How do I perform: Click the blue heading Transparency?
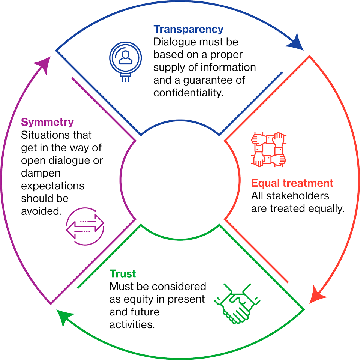click(x=188, y=29)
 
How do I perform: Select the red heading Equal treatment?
click(x=292, y=183)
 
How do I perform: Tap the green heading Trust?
click(x=123, y=274)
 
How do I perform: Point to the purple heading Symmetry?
click(x=47, y=122)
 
